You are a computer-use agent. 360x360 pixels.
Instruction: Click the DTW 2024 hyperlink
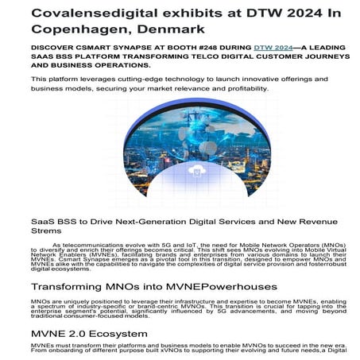click(x=272, y=48)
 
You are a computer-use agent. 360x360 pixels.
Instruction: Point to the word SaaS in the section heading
click(x=45, y=222)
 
